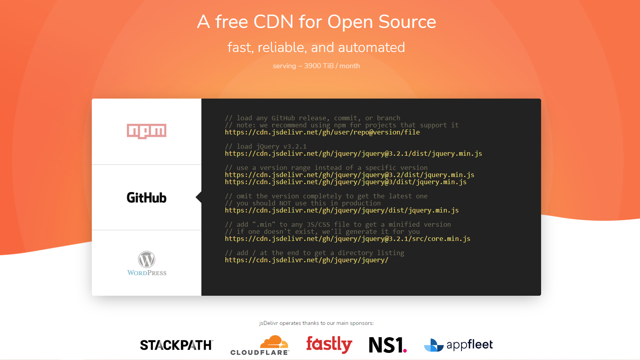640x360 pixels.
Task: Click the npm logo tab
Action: click(147, 131)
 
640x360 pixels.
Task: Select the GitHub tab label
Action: click(147, 198)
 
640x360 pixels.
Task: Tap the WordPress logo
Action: click(147, 263)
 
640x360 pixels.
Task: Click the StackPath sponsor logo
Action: click(177, 345)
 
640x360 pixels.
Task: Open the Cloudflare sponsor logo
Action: click(260, 345)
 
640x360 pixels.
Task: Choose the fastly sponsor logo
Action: click(329, 344)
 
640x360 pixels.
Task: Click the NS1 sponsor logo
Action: click(387, 345)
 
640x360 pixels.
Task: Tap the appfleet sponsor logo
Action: click(458, 345)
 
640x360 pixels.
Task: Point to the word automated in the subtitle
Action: click(371, 47)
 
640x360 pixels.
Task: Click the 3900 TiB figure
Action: click(319, 66)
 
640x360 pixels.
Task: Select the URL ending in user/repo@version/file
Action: click(322, 132)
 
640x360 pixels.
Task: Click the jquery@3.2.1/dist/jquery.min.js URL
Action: click(353, 154)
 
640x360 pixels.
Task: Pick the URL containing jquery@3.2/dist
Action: click(349, 175)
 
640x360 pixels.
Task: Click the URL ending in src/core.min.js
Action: click(347, 239)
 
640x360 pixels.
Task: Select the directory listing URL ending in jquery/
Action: click(306, 260)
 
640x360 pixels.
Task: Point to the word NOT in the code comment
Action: click(285, 203)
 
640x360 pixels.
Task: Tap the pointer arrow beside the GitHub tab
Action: click(199, 197)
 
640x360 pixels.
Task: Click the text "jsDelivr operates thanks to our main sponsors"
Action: click(316, 323)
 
